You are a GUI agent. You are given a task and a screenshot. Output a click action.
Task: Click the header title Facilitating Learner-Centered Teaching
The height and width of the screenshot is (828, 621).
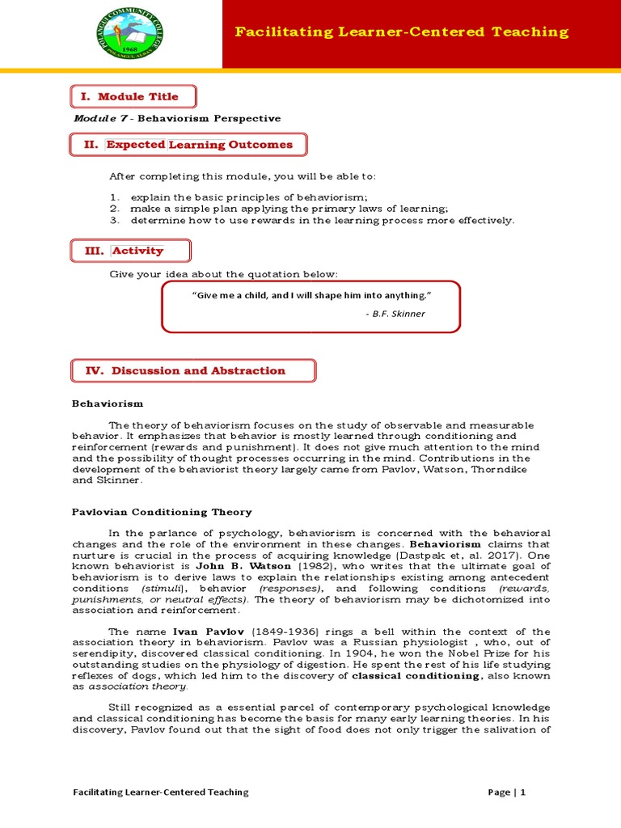[x=401, y=32]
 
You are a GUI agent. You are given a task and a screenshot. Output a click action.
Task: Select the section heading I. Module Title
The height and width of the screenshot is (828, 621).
[x=129, y=96]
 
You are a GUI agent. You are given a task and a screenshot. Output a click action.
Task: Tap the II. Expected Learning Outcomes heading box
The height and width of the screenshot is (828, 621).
[x=188, y=145]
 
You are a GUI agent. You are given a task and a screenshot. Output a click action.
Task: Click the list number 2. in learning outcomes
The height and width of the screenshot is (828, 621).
[x=116, y=208]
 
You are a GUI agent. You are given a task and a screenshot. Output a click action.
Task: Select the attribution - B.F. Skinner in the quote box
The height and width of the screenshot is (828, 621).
[x=395, y=314]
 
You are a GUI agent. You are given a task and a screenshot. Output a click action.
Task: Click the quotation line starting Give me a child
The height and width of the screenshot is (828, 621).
[x=311, y=296]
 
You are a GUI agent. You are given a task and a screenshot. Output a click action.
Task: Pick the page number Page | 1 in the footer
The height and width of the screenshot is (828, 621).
[x=507, y=792]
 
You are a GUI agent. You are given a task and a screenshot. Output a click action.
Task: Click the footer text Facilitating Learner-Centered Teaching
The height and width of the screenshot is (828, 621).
[x=161, y=792]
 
